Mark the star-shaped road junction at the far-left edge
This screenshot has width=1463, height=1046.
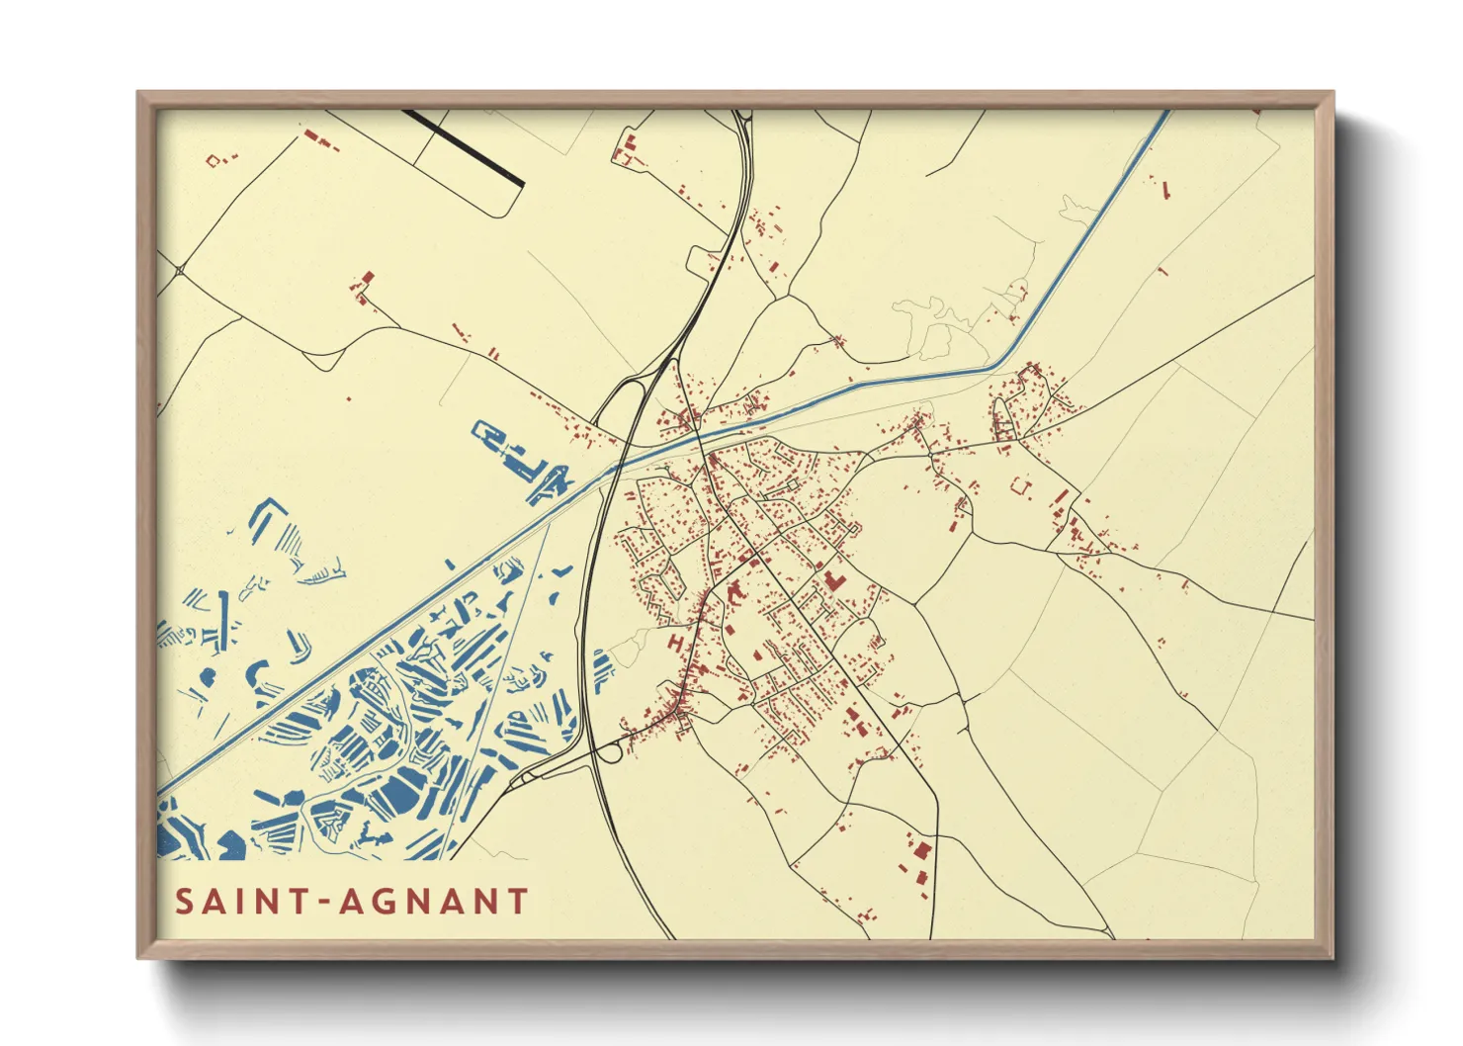tap(180, 269)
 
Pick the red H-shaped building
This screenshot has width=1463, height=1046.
tap(676, 642)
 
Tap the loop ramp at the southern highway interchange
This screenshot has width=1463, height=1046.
tap(610, 753)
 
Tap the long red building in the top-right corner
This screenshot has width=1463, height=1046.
tap(1164, 189)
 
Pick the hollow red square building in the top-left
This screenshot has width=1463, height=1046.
tap(220, 158)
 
